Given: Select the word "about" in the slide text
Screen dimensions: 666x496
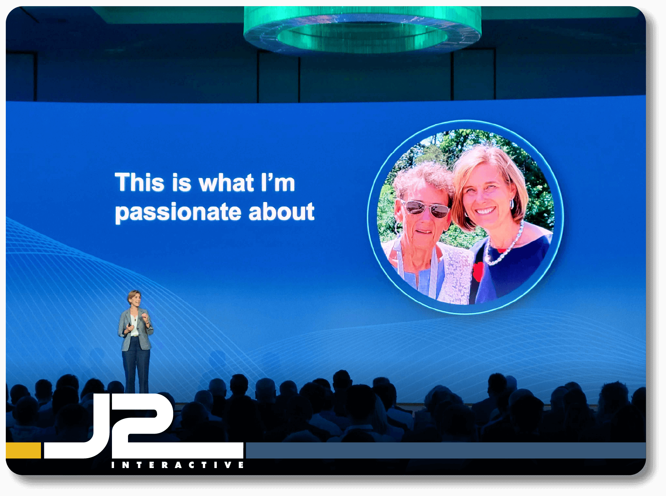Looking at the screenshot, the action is [281, 211].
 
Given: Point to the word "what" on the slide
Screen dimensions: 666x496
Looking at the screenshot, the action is [226, 182].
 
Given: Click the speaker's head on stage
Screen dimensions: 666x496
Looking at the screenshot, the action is [134, 299].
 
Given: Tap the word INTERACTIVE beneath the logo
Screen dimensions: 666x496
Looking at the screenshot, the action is [178, 465].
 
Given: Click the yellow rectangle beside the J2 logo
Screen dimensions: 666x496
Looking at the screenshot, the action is [23, 450].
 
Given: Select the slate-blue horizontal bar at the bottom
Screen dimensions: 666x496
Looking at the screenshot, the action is [446, 450].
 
